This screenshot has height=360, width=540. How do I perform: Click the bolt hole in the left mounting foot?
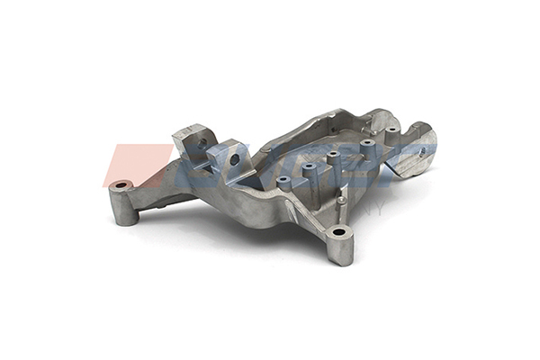point(122,185)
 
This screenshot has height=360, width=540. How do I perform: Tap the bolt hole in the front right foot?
point(338,232)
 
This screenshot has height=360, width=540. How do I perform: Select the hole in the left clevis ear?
point(202,142)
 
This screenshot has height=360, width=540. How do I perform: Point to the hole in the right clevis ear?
point(235,159)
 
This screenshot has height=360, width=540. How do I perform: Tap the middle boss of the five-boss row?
point(334,157)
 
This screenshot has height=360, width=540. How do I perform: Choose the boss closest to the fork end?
point(392,132)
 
